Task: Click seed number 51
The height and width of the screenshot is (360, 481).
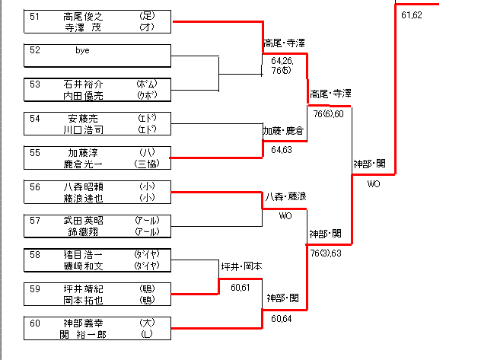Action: pos(35,16)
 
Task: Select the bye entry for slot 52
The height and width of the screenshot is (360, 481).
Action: pos(82,50)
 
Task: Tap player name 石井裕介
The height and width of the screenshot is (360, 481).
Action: pos(83,84)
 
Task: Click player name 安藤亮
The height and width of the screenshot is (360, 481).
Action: pos(83,118)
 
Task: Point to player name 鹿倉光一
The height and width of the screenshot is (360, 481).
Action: pos(83,163)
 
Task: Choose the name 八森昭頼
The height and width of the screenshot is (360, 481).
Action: pos(83,186)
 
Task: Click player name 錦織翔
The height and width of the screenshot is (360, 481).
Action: pos(83,230)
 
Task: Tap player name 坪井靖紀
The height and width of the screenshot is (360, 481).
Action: pos(83,288)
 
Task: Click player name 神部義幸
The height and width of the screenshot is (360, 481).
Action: pos(83,323)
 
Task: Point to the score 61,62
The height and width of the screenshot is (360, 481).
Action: pos(411,15)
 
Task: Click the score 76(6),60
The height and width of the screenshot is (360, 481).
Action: pos(328,113)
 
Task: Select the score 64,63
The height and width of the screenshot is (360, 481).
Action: pos(282,150)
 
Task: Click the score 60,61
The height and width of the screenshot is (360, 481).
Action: pos(240,287)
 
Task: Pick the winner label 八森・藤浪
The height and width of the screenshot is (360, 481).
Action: pos(285,196)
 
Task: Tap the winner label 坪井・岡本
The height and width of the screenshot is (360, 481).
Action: pos(241,266)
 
